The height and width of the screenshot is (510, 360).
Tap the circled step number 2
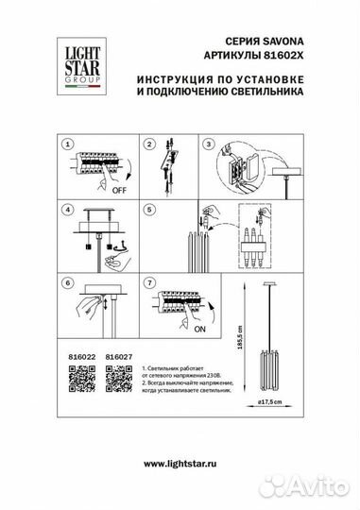coord(149,144)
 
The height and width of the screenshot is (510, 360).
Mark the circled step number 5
coord(149,209)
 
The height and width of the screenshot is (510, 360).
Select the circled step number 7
coord(149,282)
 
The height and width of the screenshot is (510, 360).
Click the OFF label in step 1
coord(120,190)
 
